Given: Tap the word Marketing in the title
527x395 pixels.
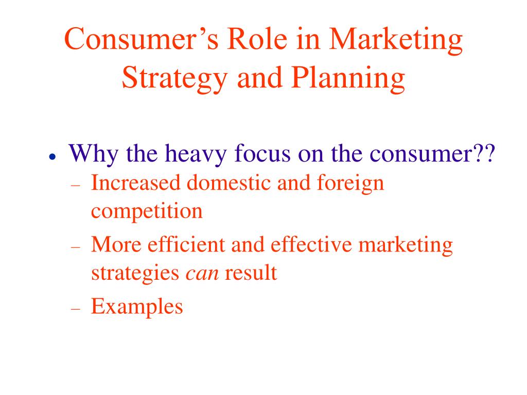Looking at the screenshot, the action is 396,40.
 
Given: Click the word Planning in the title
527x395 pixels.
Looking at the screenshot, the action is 348,79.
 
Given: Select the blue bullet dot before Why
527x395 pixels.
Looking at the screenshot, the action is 52,156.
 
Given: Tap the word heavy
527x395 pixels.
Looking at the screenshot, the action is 196,154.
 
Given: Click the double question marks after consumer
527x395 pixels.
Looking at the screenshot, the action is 484,153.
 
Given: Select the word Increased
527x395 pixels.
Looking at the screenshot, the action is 135,183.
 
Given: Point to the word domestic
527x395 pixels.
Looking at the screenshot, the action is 229,183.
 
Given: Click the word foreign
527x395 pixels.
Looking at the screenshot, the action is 350,184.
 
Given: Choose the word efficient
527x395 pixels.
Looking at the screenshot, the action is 186,244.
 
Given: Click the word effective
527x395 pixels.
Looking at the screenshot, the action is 311,244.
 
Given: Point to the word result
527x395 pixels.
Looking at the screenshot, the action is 251,273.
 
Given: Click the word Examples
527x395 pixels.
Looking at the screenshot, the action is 137,307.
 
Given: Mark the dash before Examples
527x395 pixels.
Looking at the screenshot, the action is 76,309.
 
